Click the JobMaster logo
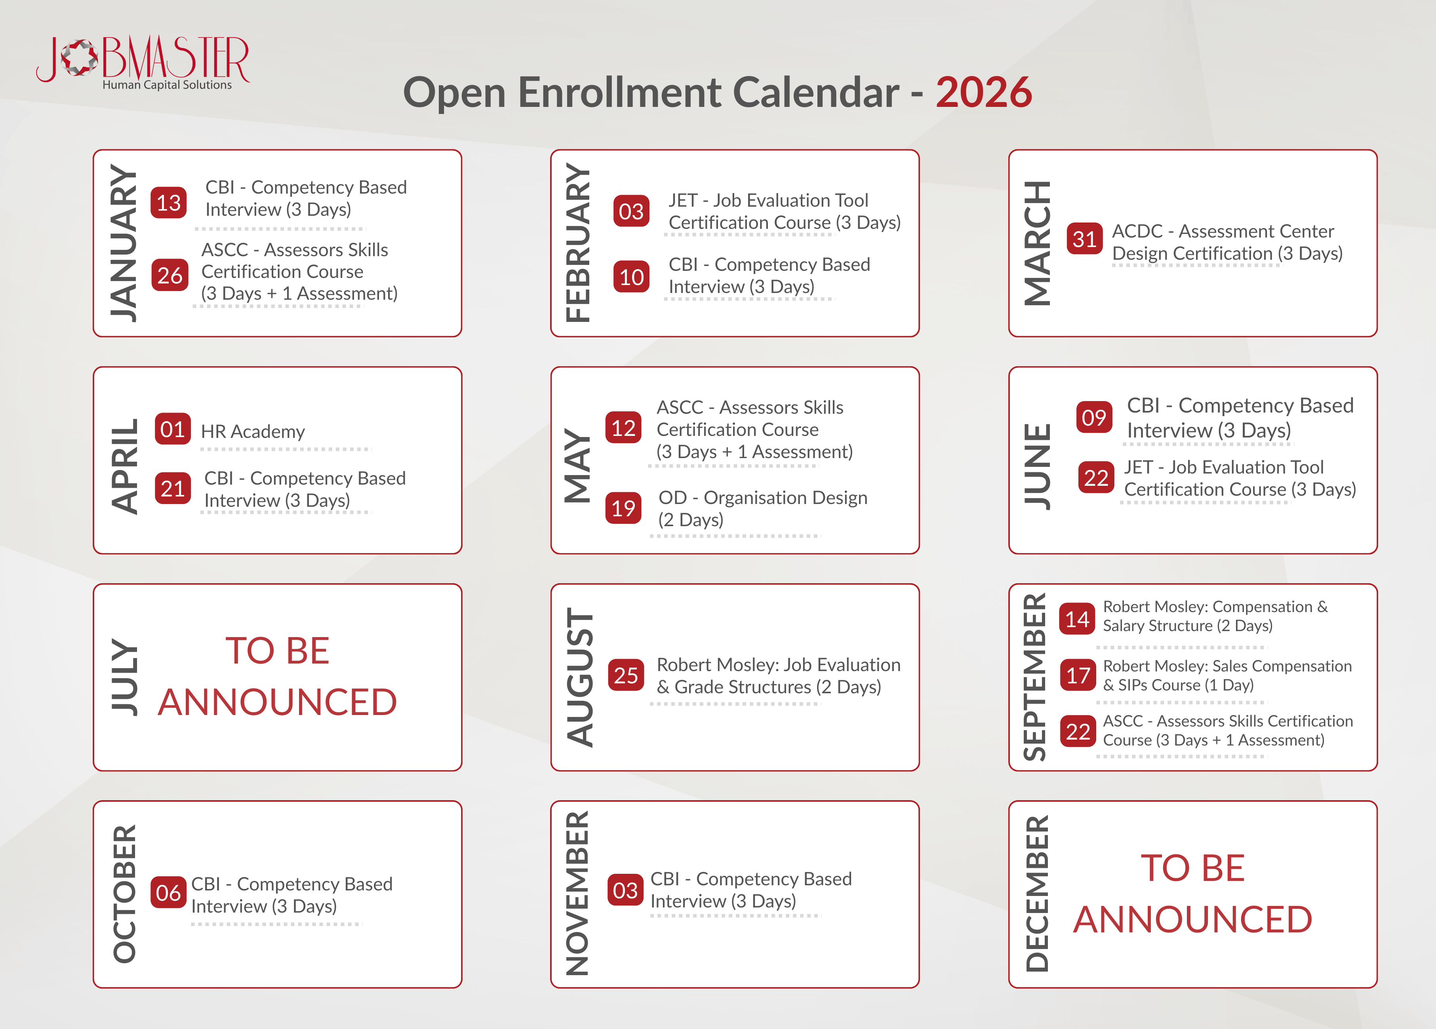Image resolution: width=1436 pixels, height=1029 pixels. (x=143, y=63)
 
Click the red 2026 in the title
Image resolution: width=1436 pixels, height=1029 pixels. (x=984, y=92)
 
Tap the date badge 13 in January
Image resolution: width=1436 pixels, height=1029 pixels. (x=168, y=202)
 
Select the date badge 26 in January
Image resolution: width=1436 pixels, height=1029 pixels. (x=170, y=275)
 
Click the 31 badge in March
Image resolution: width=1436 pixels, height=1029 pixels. (x=1085, y=239)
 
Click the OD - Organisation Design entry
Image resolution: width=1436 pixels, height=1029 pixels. (x=762, y=508)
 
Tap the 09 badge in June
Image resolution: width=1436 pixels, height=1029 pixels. (x=1094, y=417)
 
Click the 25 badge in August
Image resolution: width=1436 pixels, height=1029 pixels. (x=626, y=675)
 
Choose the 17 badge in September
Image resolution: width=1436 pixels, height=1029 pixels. (x=1078, y=675)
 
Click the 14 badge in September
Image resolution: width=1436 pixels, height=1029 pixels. (x=1078, y=618)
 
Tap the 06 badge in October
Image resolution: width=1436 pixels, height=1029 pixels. (x=168, y=892)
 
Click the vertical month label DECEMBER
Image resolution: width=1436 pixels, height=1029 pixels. (x=1036, y=894)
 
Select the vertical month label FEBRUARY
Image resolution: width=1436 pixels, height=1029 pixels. (x=577, y=243)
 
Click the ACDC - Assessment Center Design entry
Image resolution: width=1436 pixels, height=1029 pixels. (x=1227, y=242)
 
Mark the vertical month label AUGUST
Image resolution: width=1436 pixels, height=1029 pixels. (x=579, y=677)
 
